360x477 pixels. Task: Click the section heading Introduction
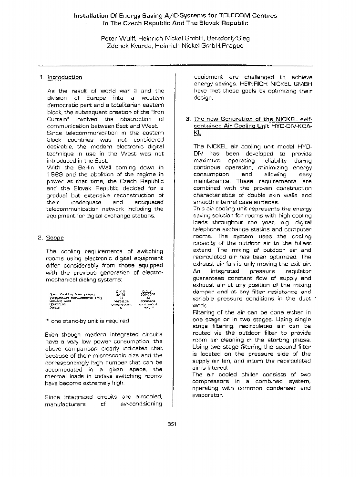pos(65,77)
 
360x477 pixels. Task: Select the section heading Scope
pos(55,237)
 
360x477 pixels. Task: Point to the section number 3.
pos(188,119)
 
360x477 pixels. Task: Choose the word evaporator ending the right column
pos(207,395)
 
